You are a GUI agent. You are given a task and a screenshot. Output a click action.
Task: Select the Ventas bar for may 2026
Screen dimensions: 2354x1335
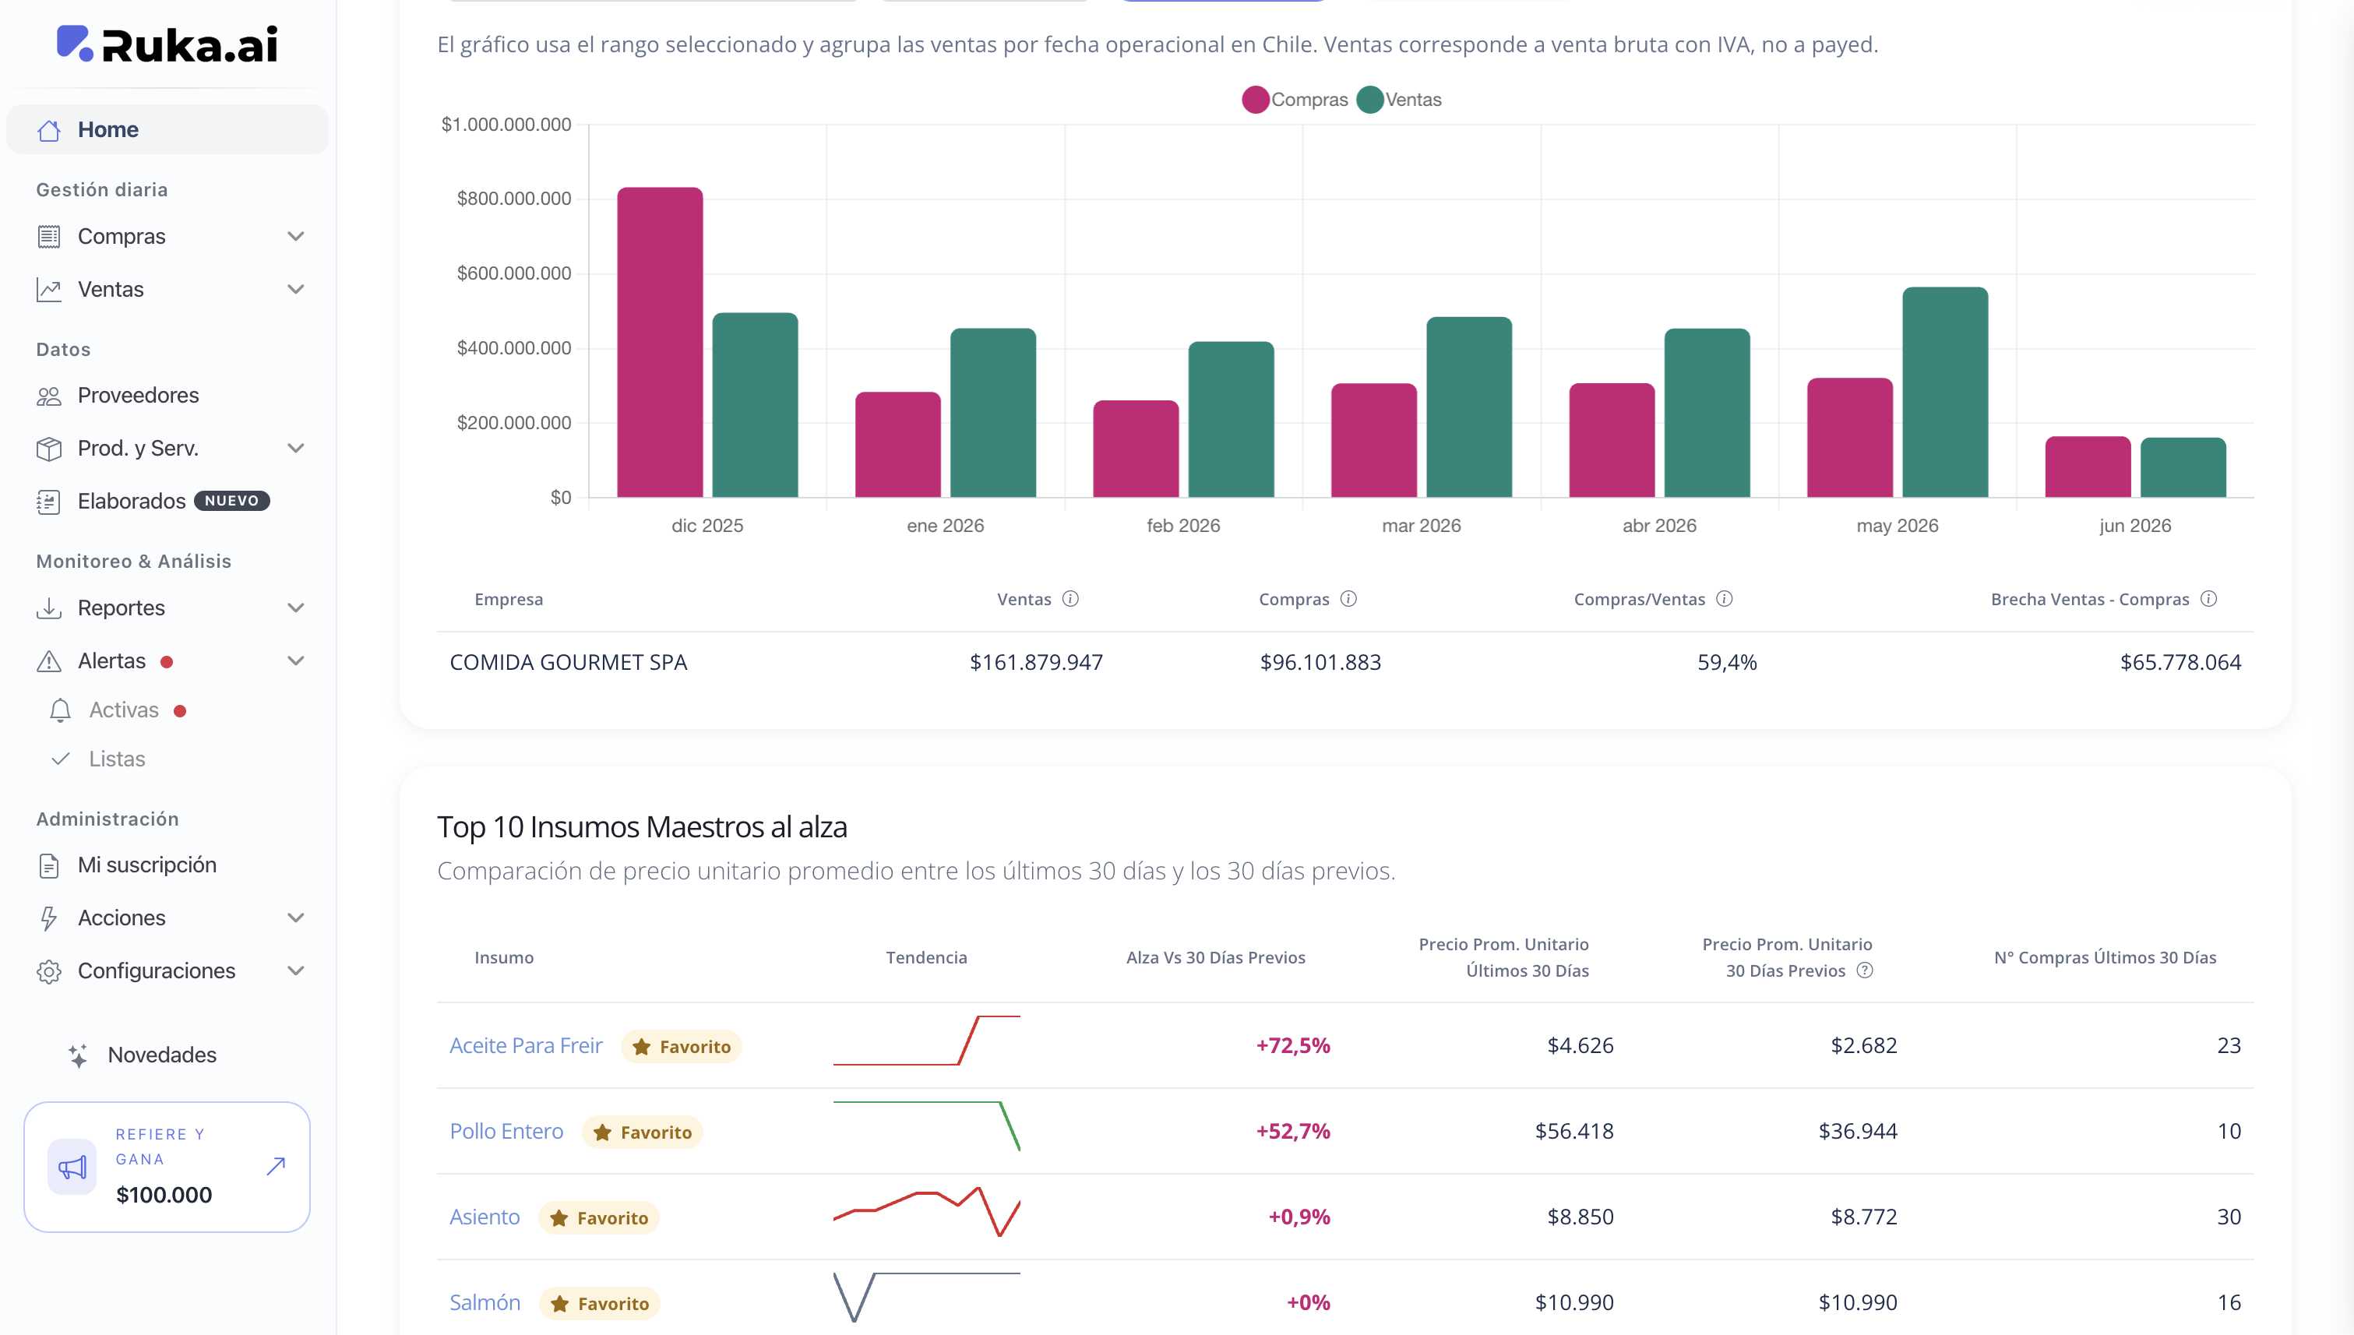coord(1945,393)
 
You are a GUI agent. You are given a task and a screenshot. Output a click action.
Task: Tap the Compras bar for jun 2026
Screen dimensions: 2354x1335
coord(2088,467)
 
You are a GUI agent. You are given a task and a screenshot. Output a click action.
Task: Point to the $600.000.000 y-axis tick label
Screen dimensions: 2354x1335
coord(513,273)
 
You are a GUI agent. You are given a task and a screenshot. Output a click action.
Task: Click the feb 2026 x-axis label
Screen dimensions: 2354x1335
coord(1183,526)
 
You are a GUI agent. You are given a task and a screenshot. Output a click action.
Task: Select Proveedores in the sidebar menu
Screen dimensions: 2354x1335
coord(139,395)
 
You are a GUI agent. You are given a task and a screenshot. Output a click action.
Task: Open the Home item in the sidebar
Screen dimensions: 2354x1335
coord(108,129)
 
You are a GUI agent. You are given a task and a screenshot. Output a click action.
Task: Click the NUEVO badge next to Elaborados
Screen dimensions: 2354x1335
coord(232,501)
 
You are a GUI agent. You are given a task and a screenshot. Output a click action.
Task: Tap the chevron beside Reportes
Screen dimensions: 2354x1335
coord(295,608)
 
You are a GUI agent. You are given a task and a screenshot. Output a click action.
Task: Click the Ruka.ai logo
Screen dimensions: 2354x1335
coord(167,44)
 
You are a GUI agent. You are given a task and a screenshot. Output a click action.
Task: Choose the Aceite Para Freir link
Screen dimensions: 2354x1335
coord(526,1045)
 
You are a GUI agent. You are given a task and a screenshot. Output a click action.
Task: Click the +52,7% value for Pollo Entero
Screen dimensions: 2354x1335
coord(1293,1130)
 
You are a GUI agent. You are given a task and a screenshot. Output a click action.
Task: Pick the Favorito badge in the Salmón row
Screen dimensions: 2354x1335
coord(600,1303)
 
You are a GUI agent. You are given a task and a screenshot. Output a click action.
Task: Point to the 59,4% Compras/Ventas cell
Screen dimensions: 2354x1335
coord(1727,662)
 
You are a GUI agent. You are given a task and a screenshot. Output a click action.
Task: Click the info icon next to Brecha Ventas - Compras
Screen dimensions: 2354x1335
coord(2209,599)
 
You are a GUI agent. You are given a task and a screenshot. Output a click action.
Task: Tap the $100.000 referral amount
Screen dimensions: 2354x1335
coord(164,1195)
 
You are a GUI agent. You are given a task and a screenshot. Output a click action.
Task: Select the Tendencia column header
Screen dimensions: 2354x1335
coord(926,957)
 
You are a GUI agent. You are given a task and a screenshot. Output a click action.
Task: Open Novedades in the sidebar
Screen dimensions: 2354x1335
coord(162,1055)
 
